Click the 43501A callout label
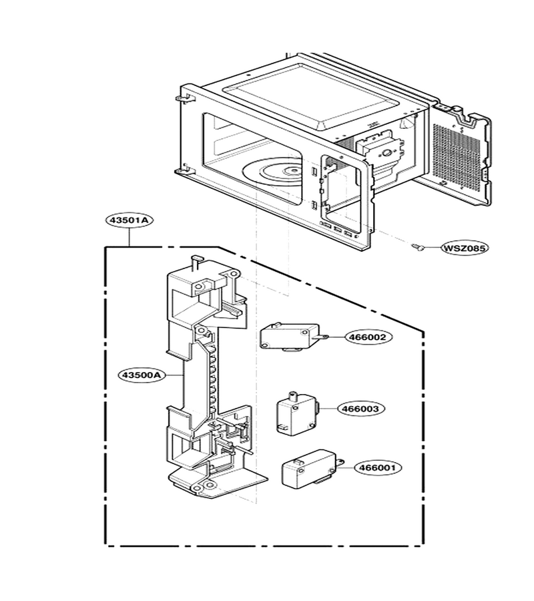[x=129, y=220]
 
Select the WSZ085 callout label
[x=465, y=248]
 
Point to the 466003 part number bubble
[x=361, y=409]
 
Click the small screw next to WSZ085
[x=418, y=248]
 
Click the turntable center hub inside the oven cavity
[x=292, y=171]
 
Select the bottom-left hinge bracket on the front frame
[x=182, y=170]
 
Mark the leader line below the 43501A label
[x=129, y=237]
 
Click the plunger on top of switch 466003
[x=294, y=395]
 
